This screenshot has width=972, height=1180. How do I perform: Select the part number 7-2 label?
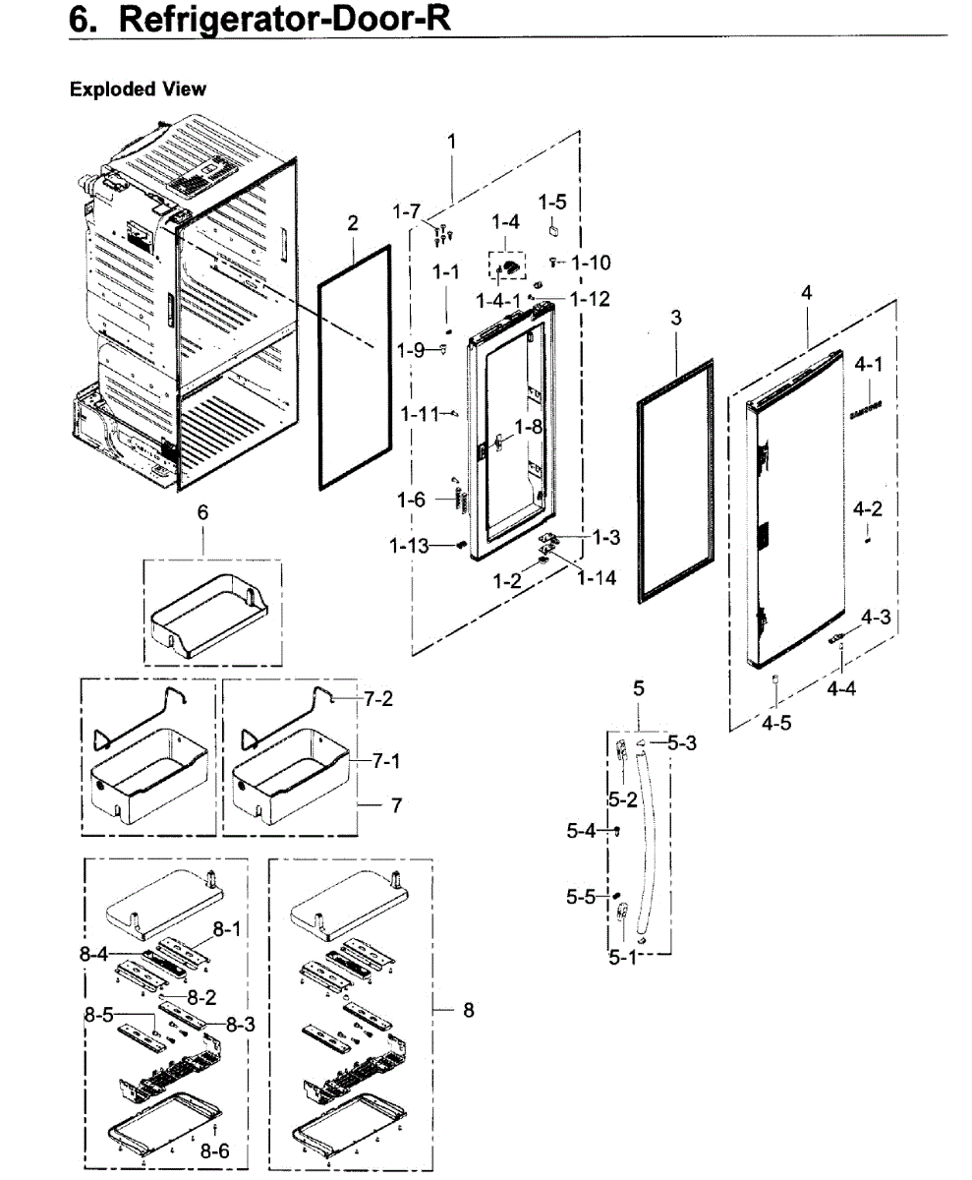(x=379, y=699)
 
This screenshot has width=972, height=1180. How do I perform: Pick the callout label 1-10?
(x=591, y=263)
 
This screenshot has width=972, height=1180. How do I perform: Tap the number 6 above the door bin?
(x=202, y=512)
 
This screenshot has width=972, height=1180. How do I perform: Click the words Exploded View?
(x=138, y=89)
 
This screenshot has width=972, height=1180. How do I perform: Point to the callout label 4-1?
(x=868, y=365)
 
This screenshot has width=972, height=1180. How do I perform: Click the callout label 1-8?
(x=529, y=427)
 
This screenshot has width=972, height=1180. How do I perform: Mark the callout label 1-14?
(x=597, y=578)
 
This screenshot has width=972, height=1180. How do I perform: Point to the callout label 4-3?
(x=877, y=617)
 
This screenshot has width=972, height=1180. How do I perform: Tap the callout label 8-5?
(x=99, y=1017)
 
